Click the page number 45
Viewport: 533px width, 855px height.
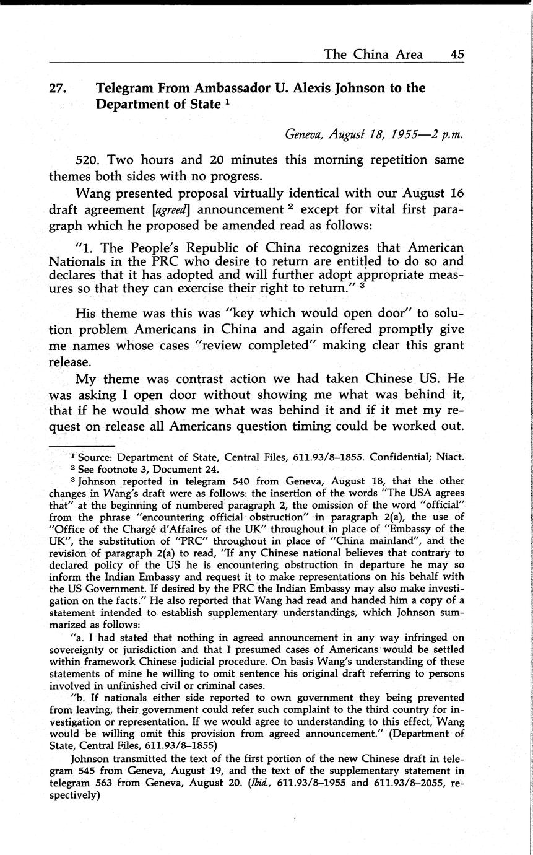[457, 54]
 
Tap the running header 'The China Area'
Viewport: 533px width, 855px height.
[373, 54]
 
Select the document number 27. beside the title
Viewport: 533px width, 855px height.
[58, 89]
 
